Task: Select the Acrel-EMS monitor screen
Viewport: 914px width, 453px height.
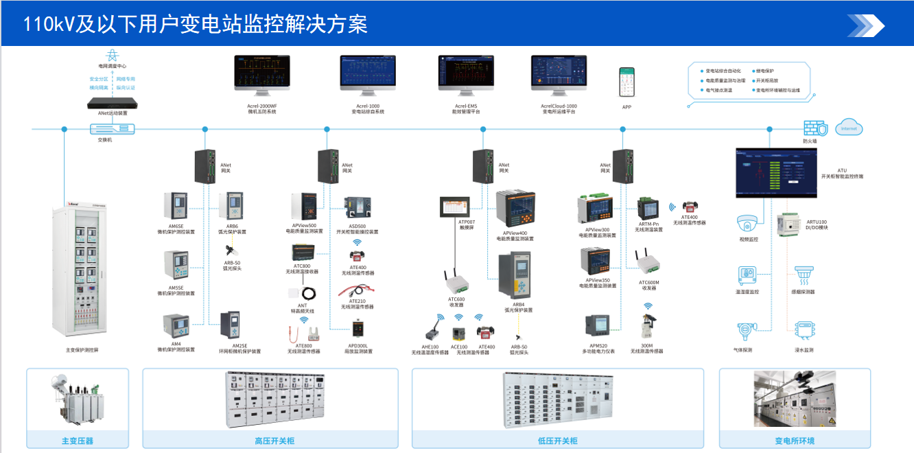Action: [x=466, y=73]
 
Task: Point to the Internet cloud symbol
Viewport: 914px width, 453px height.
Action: [x=849, y=128]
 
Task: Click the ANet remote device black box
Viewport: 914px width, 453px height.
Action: [x=113, y=104]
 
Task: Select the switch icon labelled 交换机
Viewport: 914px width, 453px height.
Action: [x=113, y=128]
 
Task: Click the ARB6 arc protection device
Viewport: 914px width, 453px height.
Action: [x=231, y=207]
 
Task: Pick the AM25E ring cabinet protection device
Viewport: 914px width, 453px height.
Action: [x=230, y=326]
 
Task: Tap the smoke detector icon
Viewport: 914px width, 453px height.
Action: [x=803, y=276]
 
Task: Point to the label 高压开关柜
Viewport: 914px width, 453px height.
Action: [x=270, y=441]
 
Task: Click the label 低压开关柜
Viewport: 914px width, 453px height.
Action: [x=557, y=441]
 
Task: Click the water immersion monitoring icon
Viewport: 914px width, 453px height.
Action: [x=804, y=332]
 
